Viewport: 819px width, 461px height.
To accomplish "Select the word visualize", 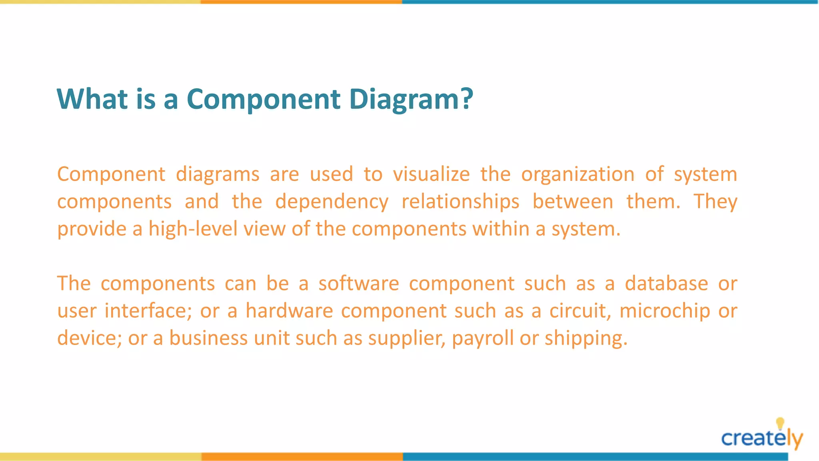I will tap(431, 174).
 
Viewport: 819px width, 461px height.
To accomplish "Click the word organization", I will tap(577, 174).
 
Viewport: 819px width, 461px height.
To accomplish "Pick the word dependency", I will tap(332, 202).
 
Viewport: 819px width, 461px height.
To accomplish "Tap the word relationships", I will tap(460, 202).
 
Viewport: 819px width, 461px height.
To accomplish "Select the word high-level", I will tap(193, 229).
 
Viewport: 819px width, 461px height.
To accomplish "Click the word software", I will tap(359, 284).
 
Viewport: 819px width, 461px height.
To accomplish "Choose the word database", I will tap(666, 284).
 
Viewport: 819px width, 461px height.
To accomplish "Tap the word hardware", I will tap(289, 311).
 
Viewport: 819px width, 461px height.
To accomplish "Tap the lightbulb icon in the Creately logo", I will tap(780, 423).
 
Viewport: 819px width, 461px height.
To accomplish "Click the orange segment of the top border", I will tap(301, 2).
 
